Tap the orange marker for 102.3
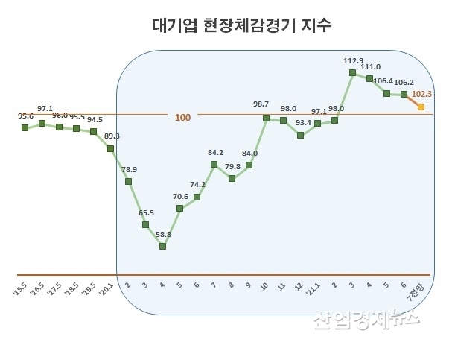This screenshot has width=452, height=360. point(421,107)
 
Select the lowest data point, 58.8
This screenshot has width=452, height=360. point(162,246)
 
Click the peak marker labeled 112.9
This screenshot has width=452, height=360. point(351,72)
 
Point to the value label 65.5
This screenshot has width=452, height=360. point(145,212)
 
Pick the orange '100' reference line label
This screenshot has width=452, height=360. point(183,118)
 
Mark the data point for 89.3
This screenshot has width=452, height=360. point(111,148)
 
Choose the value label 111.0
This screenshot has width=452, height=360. point(370,66)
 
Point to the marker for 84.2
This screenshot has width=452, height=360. point(214,164)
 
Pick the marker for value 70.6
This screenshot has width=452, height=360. point(179,209)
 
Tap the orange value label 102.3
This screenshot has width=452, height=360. point(422,94)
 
